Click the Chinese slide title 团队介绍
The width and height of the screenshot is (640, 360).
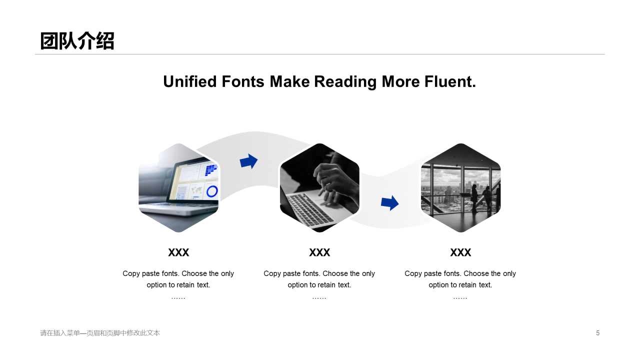(x=77, y=41)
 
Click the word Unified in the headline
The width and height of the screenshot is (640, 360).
(x=190, y=81)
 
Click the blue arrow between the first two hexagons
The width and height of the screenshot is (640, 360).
(x=248, y=161)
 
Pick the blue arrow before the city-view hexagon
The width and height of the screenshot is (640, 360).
(x=389, y=203)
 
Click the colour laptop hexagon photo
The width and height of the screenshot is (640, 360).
(x=178, y=187)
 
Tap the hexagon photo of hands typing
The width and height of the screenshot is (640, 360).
(x=319, y=187)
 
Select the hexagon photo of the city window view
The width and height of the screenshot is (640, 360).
(x=460, y=187)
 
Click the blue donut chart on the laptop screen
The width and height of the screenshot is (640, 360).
(x=212, y=191)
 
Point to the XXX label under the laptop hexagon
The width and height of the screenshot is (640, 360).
(x=178, y=252)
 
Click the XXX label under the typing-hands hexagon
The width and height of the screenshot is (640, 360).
(x=319, y=252)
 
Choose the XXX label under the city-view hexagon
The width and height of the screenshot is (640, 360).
(x=460, y=252)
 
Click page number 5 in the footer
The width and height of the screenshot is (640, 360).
(x=597, y=333)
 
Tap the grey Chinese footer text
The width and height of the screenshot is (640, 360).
(x=100, y=333)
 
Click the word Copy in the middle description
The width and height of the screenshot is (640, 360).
(x=273, y=273)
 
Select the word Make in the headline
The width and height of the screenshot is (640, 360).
(x=289, y=81)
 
